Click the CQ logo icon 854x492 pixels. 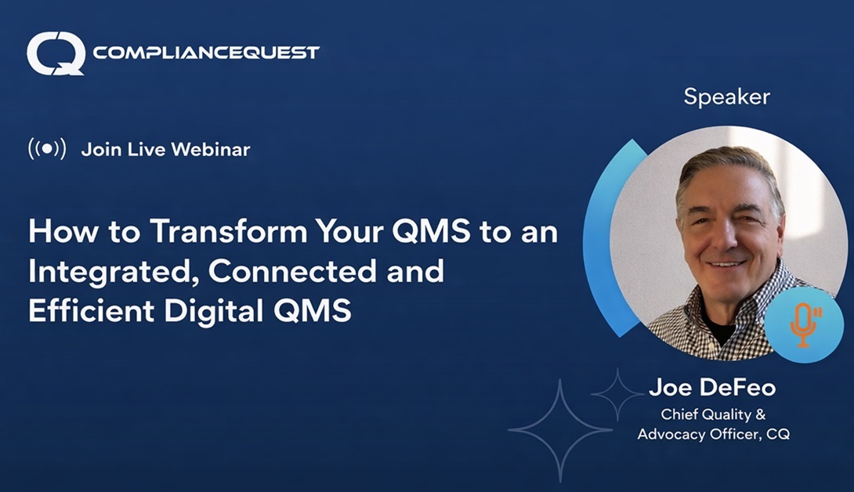point(56,53)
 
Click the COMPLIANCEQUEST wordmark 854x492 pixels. point(206,52)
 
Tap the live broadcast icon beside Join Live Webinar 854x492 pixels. point(47,148)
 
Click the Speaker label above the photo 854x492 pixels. point(726,97)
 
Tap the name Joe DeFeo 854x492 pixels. point(711,389)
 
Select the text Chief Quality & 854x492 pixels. point(712,414)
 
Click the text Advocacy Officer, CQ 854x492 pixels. point(713,433)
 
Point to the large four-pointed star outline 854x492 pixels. point(559,429)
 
